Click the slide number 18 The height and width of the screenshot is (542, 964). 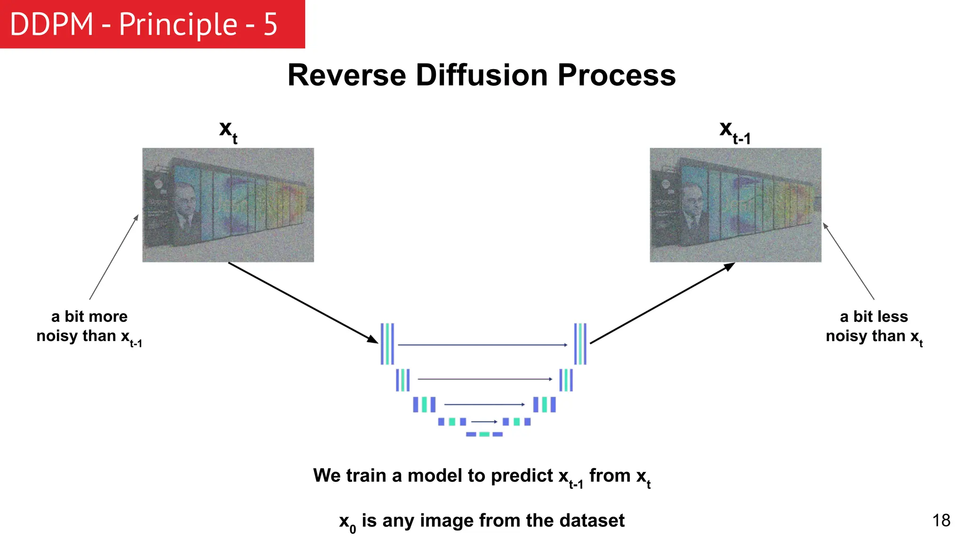tap(941, 520)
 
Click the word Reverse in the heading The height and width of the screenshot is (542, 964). tap(346, 75)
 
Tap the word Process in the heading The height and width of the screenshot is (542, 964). tap(617, 75)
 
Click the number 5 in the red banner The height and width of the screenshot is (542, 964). tap(270, 24)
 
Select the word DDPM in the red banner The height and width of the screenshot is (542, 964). tap(51, 24)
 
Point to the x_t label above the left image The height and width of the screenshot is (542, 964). tap(228, 131)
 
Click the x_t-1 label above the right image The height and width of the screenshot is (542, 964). tap(734, 131)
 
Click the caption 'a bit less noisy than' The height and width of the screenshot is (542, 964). tap(874, 326)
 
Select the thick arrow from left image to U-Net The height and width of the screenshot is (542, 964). tap(303, 303)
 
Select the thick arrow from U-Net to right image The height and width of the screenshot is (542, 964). tap(662, 303)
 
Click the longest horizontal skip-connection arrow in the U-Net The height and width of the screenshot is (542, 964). tap(482, 345)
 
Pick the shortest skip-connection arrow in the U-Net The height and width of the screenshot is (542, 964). tap(484, 422)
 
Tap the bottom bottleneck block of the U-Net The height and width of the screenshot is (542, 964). tap(484, 434)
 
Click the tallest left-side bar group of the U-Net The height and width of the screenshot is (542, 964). tap(387, 344)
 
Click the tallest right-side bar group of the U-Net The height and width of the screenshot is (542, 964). tap(580, 344)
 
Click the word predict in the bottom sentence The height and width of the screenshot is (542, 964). tap(522, 476)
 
